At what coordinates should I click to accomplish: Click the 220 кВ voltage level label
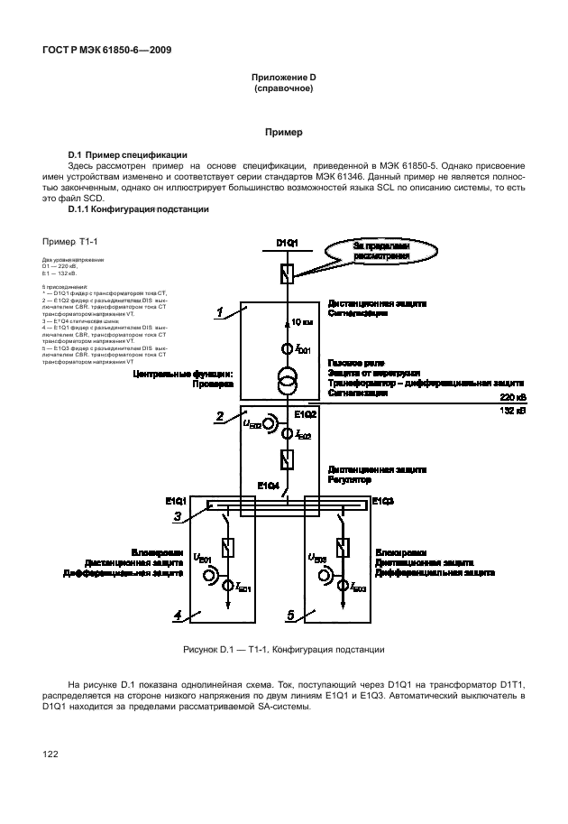pyautogui.click(x=513, y=396)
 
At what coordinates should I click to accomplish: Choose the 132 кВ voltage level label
pyautogui.click(x=513, y=410)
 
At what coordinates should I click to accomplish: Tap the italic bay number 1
pyautogui.click(x=219, y=312)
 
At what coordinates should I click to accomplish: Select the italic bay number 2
pyautogui.click(x=219, y=416)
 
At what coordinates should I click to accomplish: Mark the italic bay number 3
pyautogui.click(x=179, y=516)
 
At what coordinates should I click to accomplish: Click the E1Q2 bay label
pyautogui.click(x=306, y=414)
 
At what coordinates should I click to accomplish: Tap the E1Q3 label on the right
pyautogui.click(x=383, y=500)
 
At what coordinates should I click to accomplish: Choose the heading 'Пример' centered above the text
pyautogui.click(x=283, y=132)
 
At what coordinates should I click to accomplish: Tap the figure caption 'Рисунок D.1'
pyautogui.click(x=283, y=648)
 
